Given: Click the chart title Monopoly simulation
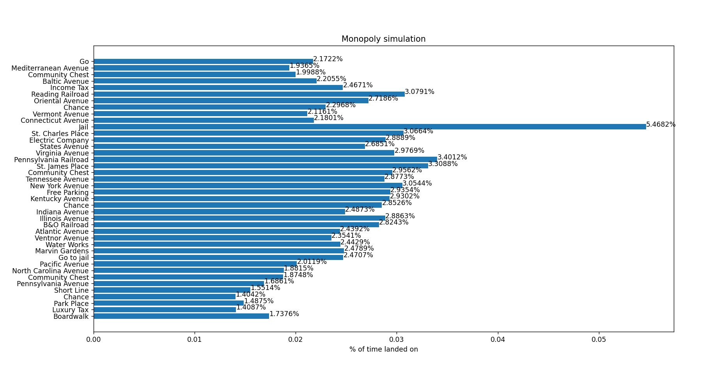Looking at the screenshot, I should (x=383, y=39).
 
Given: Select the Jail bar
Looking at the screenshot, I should (x=370, y=127).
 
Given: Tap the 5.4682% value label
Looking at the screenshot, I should (x=661, y=125).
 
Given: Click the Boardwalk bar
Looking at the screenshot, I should (x=181, y=316).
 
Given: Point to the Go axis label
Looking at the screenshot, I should (x=84, y=62).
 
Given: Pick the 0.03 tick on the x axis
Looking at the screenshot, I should (x=397, y=339).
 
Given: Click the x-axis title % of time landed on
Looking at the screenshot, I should (x=383, y=349).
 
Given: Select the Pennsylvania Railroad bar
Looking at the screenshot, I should (x=265, y=159).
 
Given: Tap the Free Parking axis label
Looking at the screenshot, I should (x=68, y=193).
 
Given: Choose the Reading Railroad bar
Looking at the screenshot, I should (x=249, y=94).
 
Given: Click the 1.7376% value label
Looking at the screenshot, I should (x=284, y=314).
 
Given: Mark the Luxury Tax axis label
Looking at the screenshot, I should (x=71, y=310).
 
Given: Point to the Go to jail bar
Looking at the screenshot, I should (x=218, y=257).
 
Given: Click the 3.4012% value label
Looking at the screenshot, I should (x=452, y=157).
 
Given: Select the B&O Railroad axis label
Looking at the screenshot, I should (x=66, y=225).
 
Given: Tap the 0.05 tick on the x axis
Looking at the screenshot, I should (x=599, y=339).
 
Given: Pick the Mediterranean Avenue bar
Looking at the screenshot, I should (x=191, y=68).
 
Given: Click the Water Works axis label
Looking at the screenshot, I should (x=67, y=245).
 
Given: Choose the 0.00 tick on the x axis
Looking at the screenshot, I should (x=94, y=339).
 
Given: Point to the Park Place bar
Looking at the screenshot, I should (x=168, y=303).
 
